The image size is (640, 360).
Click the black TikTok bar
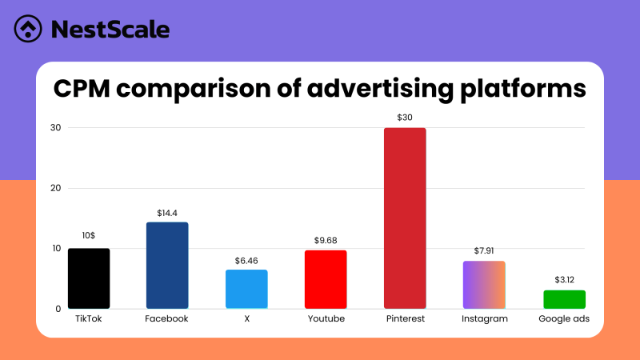[89, 278]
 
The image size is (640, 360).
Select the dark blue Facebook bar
[167, 266]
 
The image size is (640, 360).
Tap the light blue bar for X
[246, 289]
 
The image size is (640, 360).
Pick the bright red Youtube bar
[326, 279]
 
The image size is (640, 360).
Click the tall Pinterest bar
[405, 218]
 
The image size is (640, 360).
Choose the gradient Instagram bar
[484, 285]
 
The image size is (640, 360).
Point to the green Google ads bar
[564, 299]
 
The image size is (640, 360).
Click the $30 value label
[405, 118]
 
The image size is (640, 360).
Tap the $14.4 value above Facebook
[167, 213]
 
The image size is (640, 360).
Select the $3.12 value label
[564, 280]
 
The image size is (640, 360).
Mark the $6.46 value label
[246, 260]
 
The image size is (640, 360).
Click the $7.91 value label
[484, 251]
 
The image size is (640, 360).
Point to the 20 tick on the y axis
[55, 188]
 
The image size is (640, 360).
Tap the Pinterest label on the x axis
[405, 318]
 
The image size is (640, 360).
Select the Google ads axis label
[564, 318]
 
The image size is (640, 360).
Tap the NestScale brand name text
[110, 30]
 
